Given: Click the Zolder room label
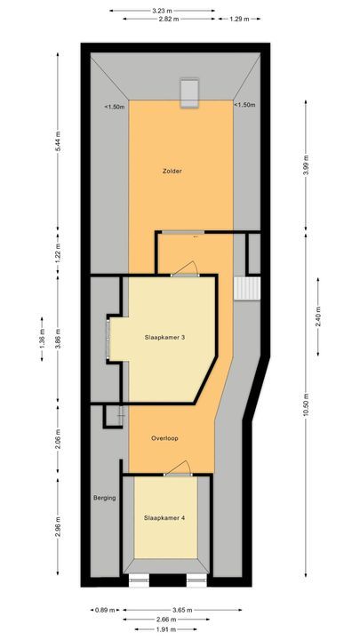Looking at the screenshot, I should (x=172, y=171).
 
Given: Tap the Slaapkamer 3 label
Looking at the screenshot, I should (x=165, y=337).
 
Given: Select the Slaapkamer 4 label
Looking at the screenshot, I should (x=165, y=518).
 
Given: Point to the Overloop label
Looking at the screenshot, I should (x=165, y=437).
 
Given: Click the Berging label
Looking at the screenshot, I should (x=105, y=498).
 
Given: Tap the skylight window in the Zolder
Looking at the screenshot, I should (x=189, y=92).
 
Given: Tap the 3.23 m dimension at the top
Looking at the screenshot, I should (x=162, y=10).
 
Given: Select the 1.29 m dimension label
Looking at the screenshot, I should (x=238, y=19).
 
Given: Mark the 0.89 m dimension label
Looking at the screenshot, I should (x=104, y=610).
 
